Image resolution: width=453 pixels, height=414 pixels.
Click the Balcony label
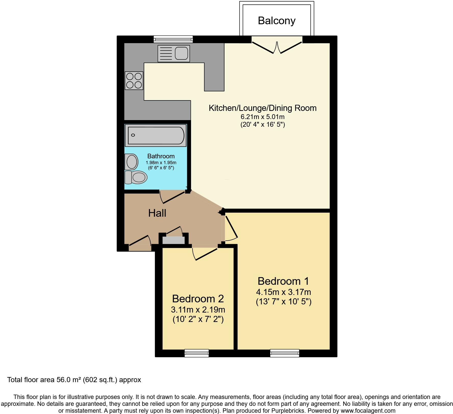[276, 21]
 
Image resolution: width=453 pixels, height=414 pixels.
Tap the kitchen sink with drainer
[174, 54]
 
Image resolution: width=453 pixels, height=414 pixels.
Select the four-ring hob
[134, 81]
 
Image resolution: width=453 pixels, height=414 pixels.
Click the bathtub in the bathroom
[156, 135]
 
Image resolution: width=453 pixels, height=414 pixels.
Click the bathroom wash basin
[131, 162]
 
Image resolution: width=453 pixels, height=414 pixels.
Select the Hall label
[157, 213]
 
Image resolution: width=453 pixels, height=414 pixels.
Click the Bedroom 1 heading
[283, 281]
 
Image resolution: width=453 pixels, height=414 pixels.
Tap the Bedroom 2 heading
[198, 299]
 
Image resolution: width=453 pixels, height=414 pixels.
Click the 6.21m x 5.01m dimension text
[262, 117]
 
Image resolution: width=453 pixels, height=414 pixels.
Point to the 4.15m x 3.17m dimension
[283, 292]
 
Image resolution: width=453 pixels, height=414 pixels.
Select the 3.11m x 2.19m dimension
[198, 310]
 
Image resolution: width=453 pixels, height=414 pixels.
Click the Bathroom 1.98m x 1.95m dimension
[161, 163]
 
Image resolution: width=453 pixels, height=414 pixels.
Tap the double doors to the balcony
[277, 47]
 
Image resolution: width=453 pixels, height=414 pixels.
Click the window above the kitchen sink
[173, 39]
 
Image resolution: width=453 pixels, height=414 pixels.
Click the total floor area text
[74, 380]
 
